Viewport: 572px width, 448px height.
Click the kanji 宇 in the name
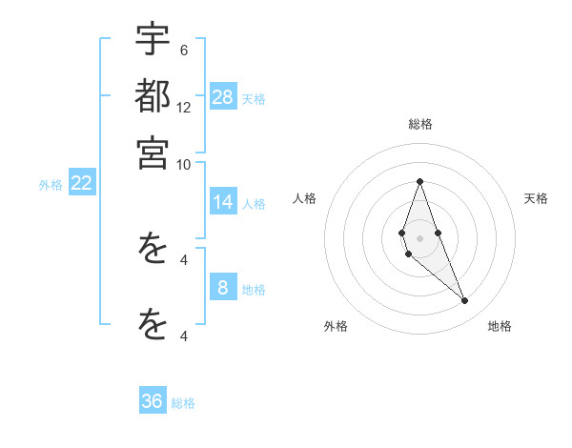tap(153, 40)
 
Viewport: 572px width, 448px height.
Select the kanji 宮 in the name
tap(153, 153)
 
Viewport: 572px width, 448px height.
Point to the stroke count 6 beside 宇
tap(184, 50)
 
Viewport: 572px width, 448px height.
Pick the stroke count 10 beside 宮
tap(184, 164)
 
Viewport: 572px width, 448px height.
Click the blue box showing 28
tap(223, 96)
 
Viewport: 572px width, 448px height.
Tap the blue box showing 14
tap(223, 202)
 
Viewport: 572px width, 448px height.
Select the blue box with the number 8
tap(223, 288)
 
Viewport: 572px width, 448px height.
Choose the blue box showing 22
tap(81, 183)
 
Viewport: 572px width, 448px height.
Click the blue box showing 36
tap(153, 401)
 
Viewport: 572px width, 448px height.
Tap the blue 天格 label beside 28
tap(254, 98)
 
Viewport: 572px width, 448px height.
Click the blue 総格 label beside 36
tap(183, 403)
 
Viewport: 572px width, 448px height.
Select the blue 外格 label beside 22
tap(51, 185)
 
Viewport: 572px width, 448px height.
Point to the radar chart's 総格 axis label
tap(420, 124)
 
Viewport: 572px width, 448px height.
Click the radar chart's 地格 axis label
tap(500, 326)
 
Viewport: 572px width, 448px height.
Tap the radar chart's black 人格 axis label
tap(305, 198)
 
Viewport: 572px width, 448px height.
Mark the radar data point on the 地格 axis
tap(464, 301)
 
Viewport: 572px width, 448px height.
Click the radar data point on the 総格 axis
tap(419, 181)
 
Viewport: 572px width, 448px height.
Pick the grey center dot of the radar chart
tap(419, 238)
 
